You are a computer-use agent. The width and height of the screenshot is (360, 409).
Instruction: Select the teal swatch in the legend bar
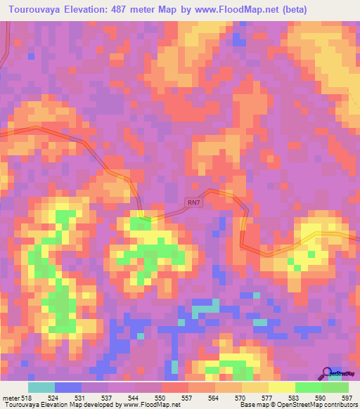(x=41, y=387)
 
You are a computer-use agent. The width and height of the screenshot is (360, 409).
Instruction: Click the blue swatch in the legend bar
(x=67, y=387)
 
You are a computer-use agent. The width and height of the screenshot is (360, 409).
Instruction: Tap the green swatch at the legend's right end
(x=335, y=387)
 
